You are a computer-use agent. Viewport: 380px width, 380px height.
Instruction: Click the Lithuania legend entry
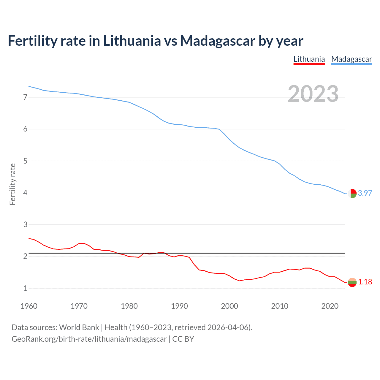pyautogui.click(x=309, y=59)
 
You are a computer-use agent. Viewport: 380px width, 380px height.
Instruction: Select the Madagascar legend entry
pyautogui.click(x=351, y=59)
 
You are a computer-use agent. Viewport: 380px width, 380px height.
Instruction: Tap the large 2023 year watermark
pyautogui.click(x=313, y=94)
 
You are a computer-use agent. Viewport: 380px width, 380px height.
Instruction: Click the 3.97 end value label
pyautogui.click(x=365, y=193)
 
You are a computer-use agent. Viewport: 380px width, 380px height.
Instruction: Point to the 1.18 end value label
pyautogui.click(x=365, y=282)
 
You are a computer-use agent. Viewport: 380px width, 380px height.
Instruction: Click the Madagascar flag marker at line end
pyautogui.click(x=352, y=194)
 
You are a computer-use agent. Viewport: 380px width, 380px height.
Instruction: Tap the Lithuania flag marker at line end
pyautogui.click(x=352, y=282)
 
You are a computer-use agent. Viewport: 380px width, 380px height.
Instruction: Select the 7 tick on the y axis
pyautogui.click(x=25, y=97)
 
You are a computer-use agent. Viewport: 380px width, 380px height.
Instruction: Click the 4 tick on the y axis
pyautogui.click(x=25, y=193)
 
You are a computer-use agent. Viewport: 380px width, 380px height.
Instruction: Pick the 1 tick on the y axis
pyautogui.click(x=25, y=288)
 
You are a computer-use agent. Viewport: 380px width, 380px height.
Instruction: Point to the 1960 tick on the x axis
pyautogui.click(x=29, y=306)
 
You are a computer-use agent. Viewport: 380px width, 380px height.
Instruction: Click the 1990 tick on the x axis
pyautogui.click(x=179, y=306)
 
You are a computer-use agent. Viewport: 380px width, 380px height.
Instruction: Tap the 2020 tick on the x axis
pyautogui.click(x=330, y=306)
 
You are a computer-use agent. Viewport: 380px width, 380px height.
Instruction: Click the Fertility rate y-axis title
pyautogui.click(x=12, y=184)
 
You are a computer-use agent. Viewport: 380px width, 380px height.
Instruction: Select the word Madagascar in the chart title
pyautogui.click(x=217, y=41)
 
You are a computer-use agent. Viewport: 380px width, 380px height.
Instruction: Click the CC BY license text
pyautogui.click(x=183, y=339)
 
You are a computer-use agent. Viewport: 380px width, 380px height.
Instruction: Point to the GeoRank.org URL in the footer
pyautogui.click(x=89, y=339)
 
